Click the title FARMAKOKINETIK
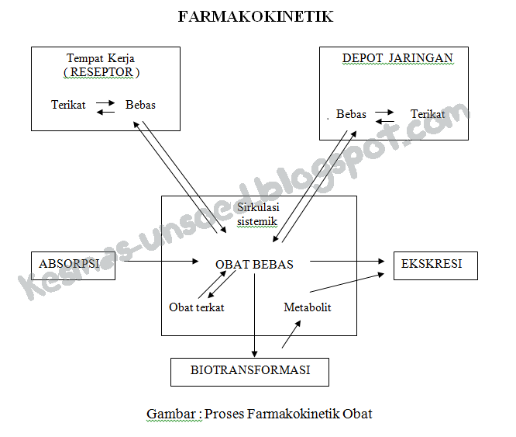(x=256, y=16)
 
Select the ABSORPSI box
(x=69, y=264)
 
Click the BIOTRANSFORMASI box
(x=249, y=371)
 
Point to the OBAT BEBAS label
(x=254, y=265)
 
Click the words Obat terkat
(x=197, y=307)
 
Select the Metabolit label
(x=308, y=307)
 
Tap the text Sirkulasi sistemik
(x=258, y=215)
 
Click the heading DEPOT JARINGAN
(x=397, y=59)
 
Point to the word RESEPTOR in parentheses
(x=101, y=72)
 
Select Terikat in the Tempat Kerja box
(x=68, y=105)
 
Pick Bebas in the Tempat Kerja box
(x=140, y=105)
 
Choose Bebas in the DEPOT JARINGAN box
(x=351, y=114)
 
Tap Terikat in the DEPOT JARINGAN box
(x=428, y=114)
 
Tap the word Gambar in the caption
(x=170, y=414)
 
